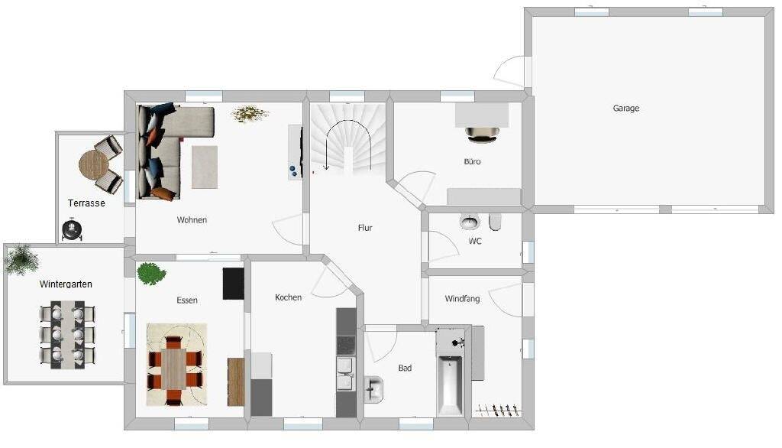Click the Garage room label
point(625,109)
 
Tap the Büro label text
point(472,162)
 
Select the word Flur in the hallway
point(365,228)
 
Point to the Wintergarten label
point(66,284)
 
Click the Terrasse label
point(86,203)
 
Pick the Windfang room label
point(462,299)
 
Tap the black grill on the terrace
point(73,229)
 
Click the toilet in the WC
point(495,222)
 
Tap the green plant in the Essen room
point(151,273)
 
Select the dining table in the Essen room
point(176,369)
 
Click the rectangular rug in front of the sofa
point(204,167)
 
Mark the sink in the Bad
point(374,388)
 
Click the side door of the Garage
point(510,73)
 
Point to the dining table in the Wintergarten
point(67,335)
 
